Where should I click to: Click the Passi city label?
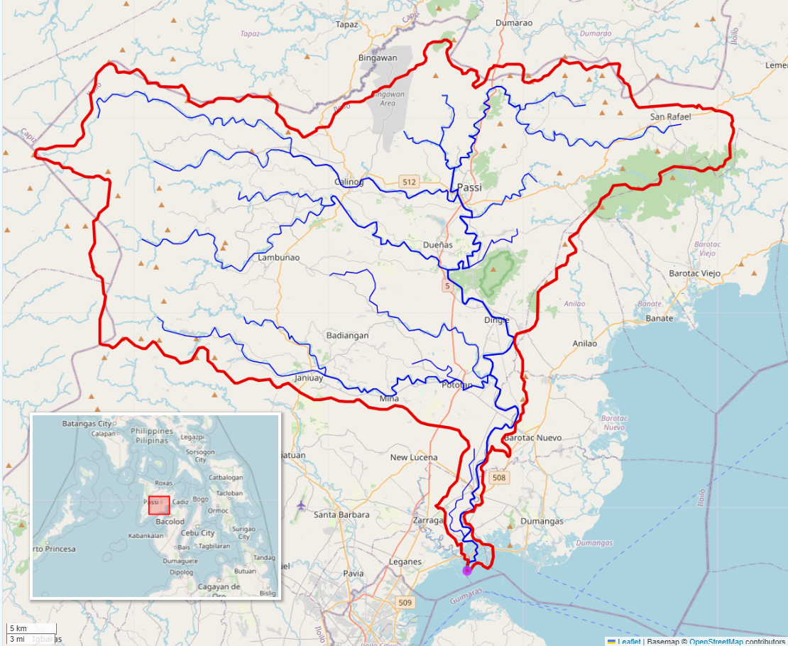[x=469, y=187]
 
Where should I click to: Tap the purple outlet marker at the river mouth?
[x=467, y=570]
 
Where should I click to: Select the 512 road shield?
[x=408, y=182]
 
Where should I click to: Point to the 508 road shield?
[x=499, y=478]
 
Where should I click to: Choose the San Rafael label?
[x=670, y=117]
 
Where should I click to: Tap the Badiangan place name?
[x=347, y=335]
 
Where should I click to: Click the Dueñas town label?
[x=438, y=245]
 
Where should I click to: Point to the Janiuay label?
[x=308, y=378]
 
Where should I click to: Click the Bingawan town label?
[x=378, y=58]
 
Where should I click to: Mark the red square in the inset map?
[x=159, y=505]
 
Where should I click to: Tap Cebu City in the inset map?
[x=197, y=533]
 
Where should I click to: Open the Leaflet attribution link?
[x=628, y=642]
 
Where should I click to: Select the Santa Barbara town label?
[x=341, y=515]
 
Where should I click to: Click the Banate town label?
[x=659, y=319]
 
